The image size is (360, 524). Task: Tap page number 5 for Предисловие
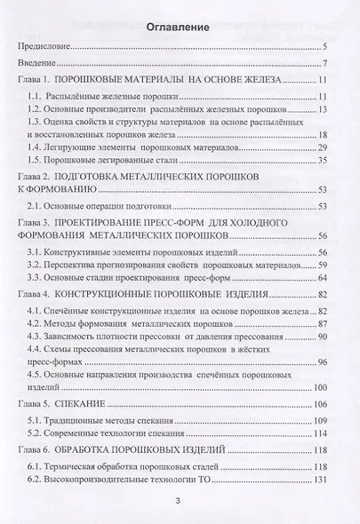[326, 47]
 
